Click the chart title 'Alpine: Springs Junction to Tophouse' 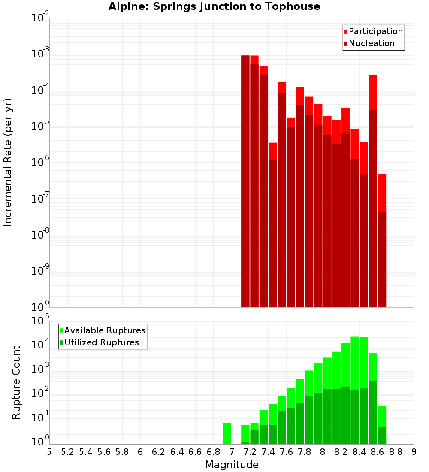(214, 6)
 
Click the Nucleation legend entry (371, 43)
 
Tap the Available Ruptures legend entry (104, 330)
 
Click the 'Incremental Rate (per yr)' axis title (8, 162)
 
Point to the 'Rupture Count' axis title (16, 382)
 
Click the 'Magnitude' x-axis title (232, 465)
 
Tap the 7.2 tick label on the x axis (250, 452)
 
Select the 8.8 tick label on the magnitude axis (396, 452)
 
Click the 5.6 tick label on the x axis (104, 452)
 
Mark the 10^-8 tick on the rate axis (40, 235)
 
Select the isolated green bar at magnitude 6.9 (227, 433)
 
